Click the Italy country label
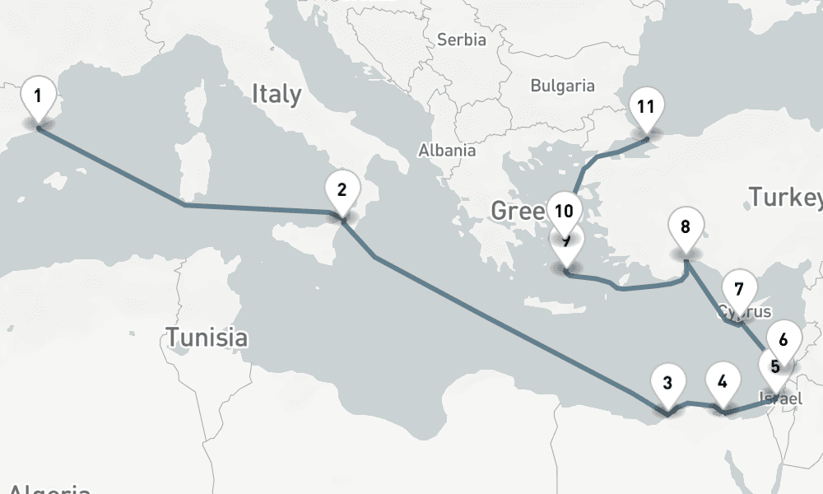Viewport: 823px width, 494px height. [x=277, y=93]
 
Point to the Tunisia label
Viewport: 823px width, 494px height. [x=207, y=337]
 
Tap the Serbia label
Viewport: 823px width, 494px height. [x=462, y=40]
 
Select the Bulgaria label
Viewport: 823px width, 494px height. [x=562, y=85]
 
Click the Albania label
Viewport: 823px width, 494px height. [x=447, y=151]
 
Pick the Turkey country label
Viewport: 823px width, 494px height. [x=784, y=197]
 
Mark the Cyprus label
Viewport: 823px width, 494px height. [x=745, y=312]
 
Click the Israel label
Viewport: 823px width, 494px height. [x=779, y=398]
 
